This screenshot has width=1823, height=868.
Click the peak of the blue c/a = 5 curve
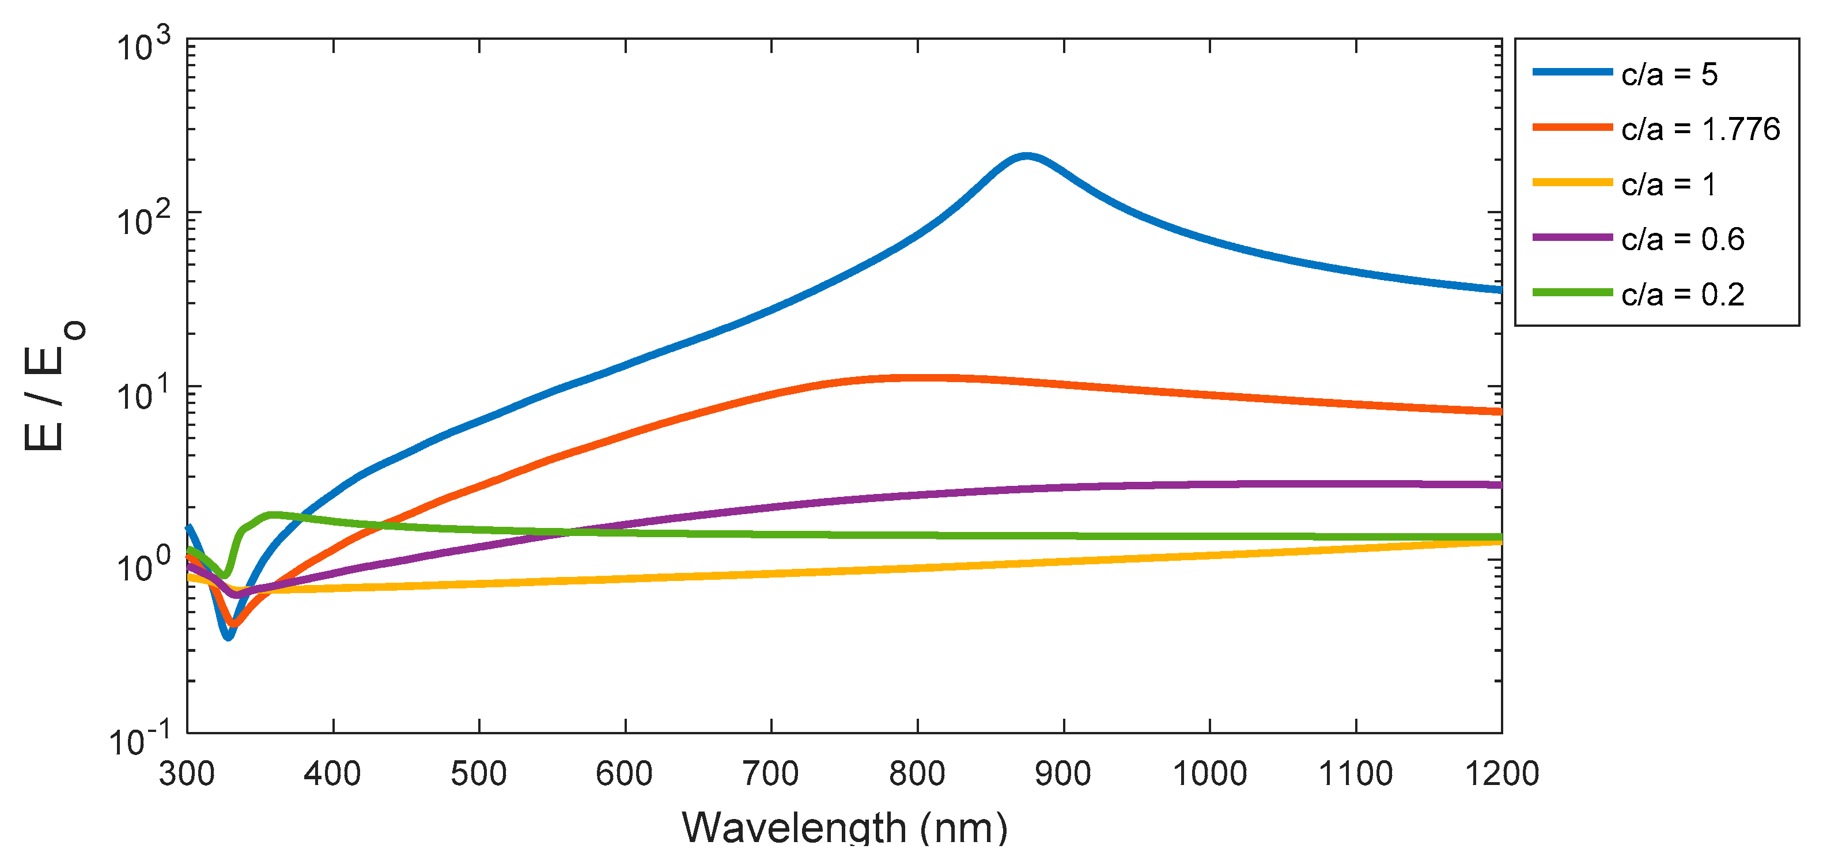coord(1026,156)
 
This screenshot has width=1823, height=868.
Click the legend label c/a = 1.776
coord(1700,130)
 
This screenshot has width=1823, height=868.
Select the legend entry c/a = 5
coord(1669,74)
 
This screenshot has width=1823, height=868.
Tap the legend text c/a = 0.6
coord(1682,240)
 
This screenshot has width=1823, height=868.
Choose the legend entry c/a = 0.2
coord(1682,295)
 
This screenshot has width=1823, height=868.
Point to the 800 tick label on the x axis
coord(917,773)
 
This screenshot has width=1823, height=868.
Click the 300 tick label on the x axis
coord(187,773)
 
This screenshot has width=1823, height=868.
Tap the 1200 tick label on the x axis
coord(1501,773)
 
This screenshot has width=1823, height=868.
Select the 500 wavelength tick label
coord(479,773)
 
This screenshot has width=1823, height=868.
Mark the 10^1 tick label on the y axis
coord(143,393)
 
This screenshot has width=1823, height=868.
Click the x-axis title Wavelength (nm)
coord(844,827)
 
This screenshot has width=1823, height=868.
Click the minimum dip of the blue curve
coord(228,636)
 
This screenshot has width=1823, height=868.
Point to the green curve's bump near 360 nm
coord(271,515)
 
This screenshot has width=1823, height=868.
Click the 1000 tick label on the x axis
coord(1209,773)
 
